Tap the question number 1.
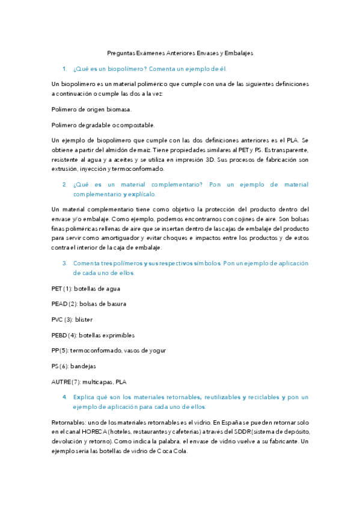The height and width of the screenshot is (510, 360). point(64,69)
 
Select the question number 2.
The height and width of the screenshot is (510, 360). point(64,185)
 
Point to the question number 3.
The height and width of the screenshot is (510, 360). point(64,263)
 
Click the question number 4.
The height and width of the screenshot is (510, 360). point(64,398)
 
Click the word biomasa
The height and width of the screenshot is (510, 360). point(117,109)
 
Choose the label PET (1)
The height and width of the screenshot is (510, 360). point(62,289)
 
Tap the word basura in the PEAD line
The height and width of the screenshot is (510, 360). point(114,304)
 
